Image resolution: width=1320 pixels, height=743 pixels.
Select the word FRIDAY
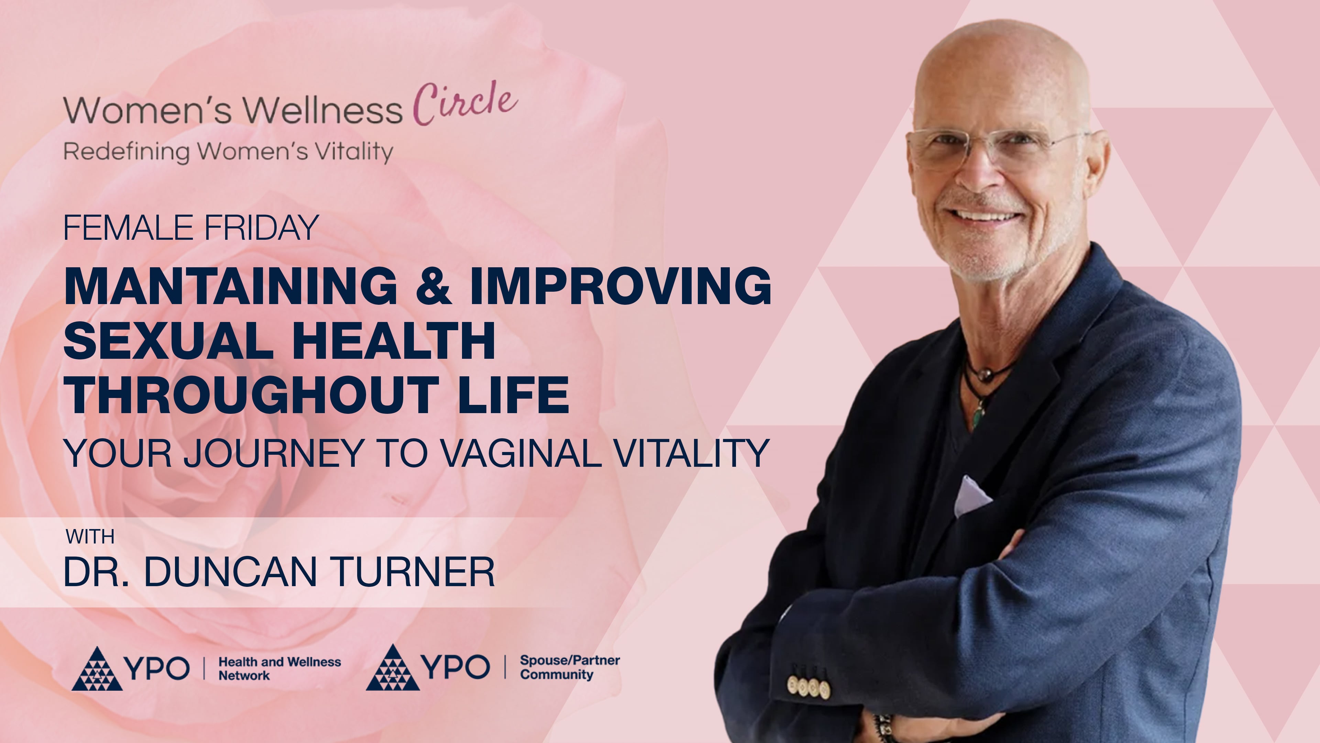pyautogui.click(x=261, y=228)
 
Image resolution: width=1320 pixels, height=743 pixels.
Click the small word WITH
pyautogui.click(x=90, y=537)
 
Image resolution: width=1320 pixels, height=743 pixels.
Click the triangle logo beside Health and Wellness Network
pyautogui.click(x=97, y=669)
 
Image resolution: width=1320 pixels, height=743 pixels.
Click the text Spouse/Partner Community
pyautogui.click(x=569, y=668)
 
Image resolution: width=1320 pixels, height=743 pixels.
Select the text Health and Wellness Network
pyautogui.click(x=279, y=669)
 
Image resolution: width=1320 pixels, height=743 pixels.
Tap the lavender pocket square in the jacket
pyautogui.click(x=971, y=495)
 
